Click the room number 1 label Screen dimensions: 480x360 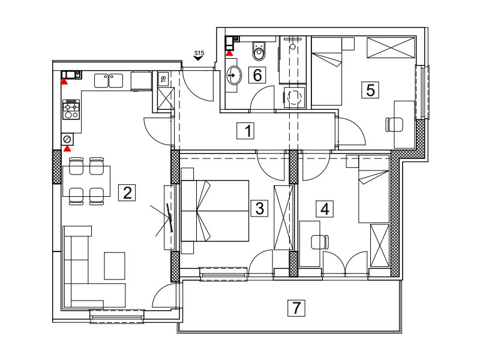(x=245, y=130)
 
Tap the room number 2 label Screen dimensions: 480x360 (x=127, y=193)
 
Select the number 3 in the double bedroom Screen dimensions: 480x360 (x=259, y=208)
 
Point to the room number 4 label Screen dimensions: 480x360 (x=325, y=209)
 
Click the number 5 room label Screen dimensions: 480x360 (x=370, y=90)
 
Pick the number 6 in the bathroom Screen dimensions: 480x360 (x=257, y=75)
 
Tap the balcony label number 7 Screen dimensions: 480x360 (x=296, y=308)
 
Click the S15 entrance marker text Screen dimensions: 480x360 (x=199, y=53)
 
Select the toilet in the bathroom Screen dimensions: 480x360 (x=259, y=51)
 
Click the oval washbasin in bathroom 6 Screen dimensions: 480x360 (x=234, y=75)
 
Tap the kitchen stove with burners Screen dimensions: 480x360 (x=71, y=109)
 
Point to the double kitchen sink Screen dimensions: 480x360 (x=109, y=80)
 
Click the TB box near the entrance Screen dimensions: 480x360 (x=164, y=79)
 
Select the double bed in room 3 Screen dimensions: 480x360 (x=215, y=211)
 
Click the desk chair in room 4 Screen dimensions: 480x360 (x=320, y=242)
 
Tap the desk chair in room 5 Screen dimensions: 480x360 (x=394, y=125)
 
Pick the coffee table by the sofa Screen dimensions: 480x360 (x=115, y=266)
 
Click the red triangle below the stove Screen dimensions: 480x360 (x=67, y=148)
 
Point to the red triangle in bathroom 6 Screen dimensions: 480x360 (x=229, y=53)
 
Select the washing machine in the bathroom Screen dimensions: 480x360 (x=295, y=97)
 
